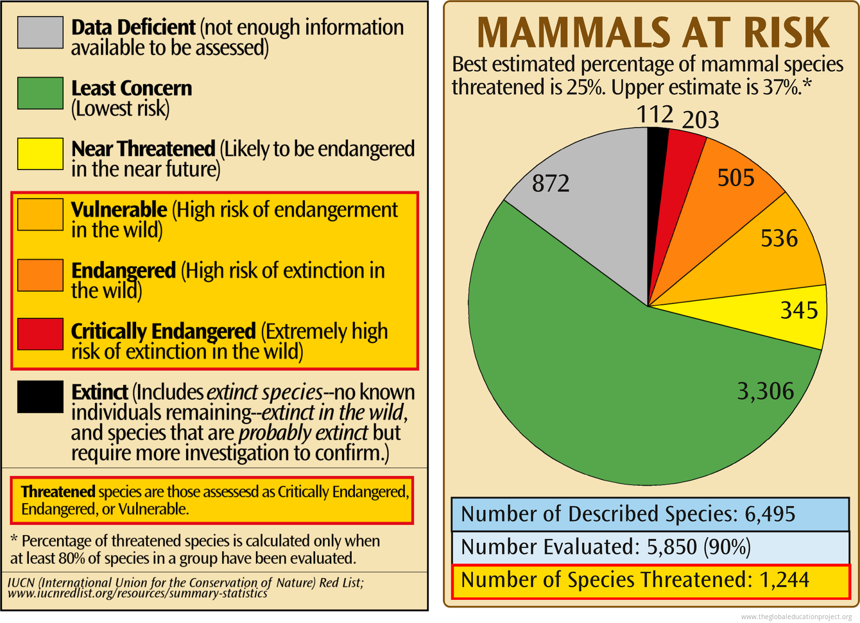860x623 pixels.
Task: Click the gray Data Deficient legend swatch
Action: coord(40,32)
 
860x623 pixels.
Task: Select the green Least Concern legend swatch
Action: coord(40,93)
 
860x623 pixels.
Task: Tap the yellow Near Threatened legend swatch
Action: coord(40,154)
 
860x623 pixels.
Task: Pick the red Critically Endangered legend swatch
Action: coord(40,334)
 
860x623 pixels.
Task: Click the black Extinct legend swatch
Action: coord(40,397)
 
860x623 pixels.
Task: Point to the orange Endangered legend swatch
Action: coord(40,275)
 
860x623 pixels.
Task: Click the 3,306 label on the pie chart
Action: coord(765,391)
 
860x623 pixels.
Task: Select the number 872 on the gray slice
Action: coord(551,183)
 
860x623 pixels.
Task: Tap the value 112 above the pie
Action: coord(655,115)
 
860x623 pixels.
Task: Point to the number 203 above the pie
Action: coord(700,120)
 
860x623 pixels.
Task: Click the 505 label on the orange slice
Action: coord(735,178)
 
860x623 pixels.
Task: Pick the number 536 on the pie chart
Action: coord(779,239)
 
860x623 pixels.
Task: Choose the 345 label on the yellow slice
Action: coord(799,311)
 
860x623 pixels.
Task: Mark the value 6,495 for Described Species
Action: coord(770,514)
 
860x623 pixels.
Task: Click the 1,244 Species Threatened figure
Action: coord(784,580)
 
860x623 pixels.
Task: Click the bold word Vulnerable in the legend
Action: coord(119,210)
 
